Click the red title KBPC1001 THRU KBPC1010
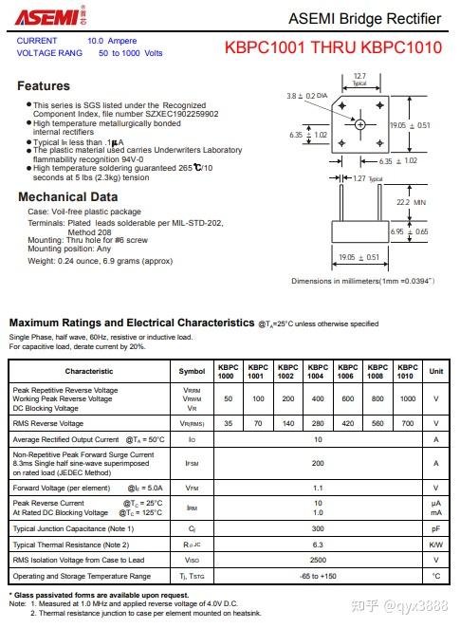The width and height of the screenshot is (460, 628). pyautogui.click(x=333, y=47)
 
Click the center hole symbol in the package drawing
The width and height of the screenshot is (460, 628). pyautogui.click(x=360, y=124)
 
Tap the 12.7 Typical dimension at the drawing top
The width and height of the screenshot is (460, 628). pyautogui.click(x=359, y=78)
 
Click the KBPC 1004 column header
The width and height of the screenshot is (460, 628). pyautogui.click(x=318, y=371)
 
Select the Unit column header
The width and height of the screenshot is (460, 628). pyautogui.click(x=436, y=371)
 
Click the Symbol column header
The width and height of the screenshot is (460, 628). pyautogui.click(x=192, y=371)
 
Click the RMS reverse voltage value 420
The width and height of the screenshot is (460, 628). pyautogui.click(x=348, y=423)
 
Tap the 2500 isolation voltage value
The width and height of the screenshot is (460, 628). pyautogui.click(x=318, y=560)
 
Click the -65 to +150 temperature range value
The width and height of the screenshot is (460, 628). pyautogui.click(x=318, y=576)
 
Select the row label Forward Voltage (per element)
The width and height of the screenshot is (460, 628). pyautogui.click(x=62, y=488)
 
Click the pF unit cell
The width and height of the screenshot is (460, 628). pyautogui.click(x=436, y=527)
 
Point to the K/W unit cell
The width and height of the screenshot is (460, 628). pyautogui.click(x=436, y=545)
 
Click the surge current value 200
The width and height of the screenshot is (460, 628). pyautogui.click(x=318, y=463)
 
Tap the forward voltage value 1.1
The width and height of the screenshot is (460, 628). pyautogui.click(x=318, y=488)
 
